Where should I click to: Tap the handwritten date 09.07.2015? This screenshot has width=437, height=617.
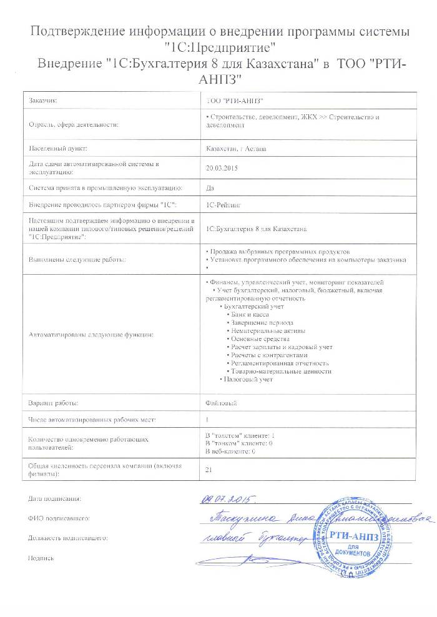(227, 499)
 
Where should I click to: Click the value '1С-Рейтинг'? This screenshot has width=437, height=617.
(222, 204)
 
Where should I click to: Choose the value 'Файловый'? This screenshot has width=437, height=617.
(220, 403)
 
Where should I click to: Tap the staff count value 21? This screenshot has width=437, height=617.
(209, 470)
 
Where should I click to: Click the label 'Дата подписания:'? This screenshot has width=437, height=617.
(54, 499)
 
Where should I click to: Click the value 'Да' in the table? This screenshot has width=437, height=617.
(210, 187)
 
